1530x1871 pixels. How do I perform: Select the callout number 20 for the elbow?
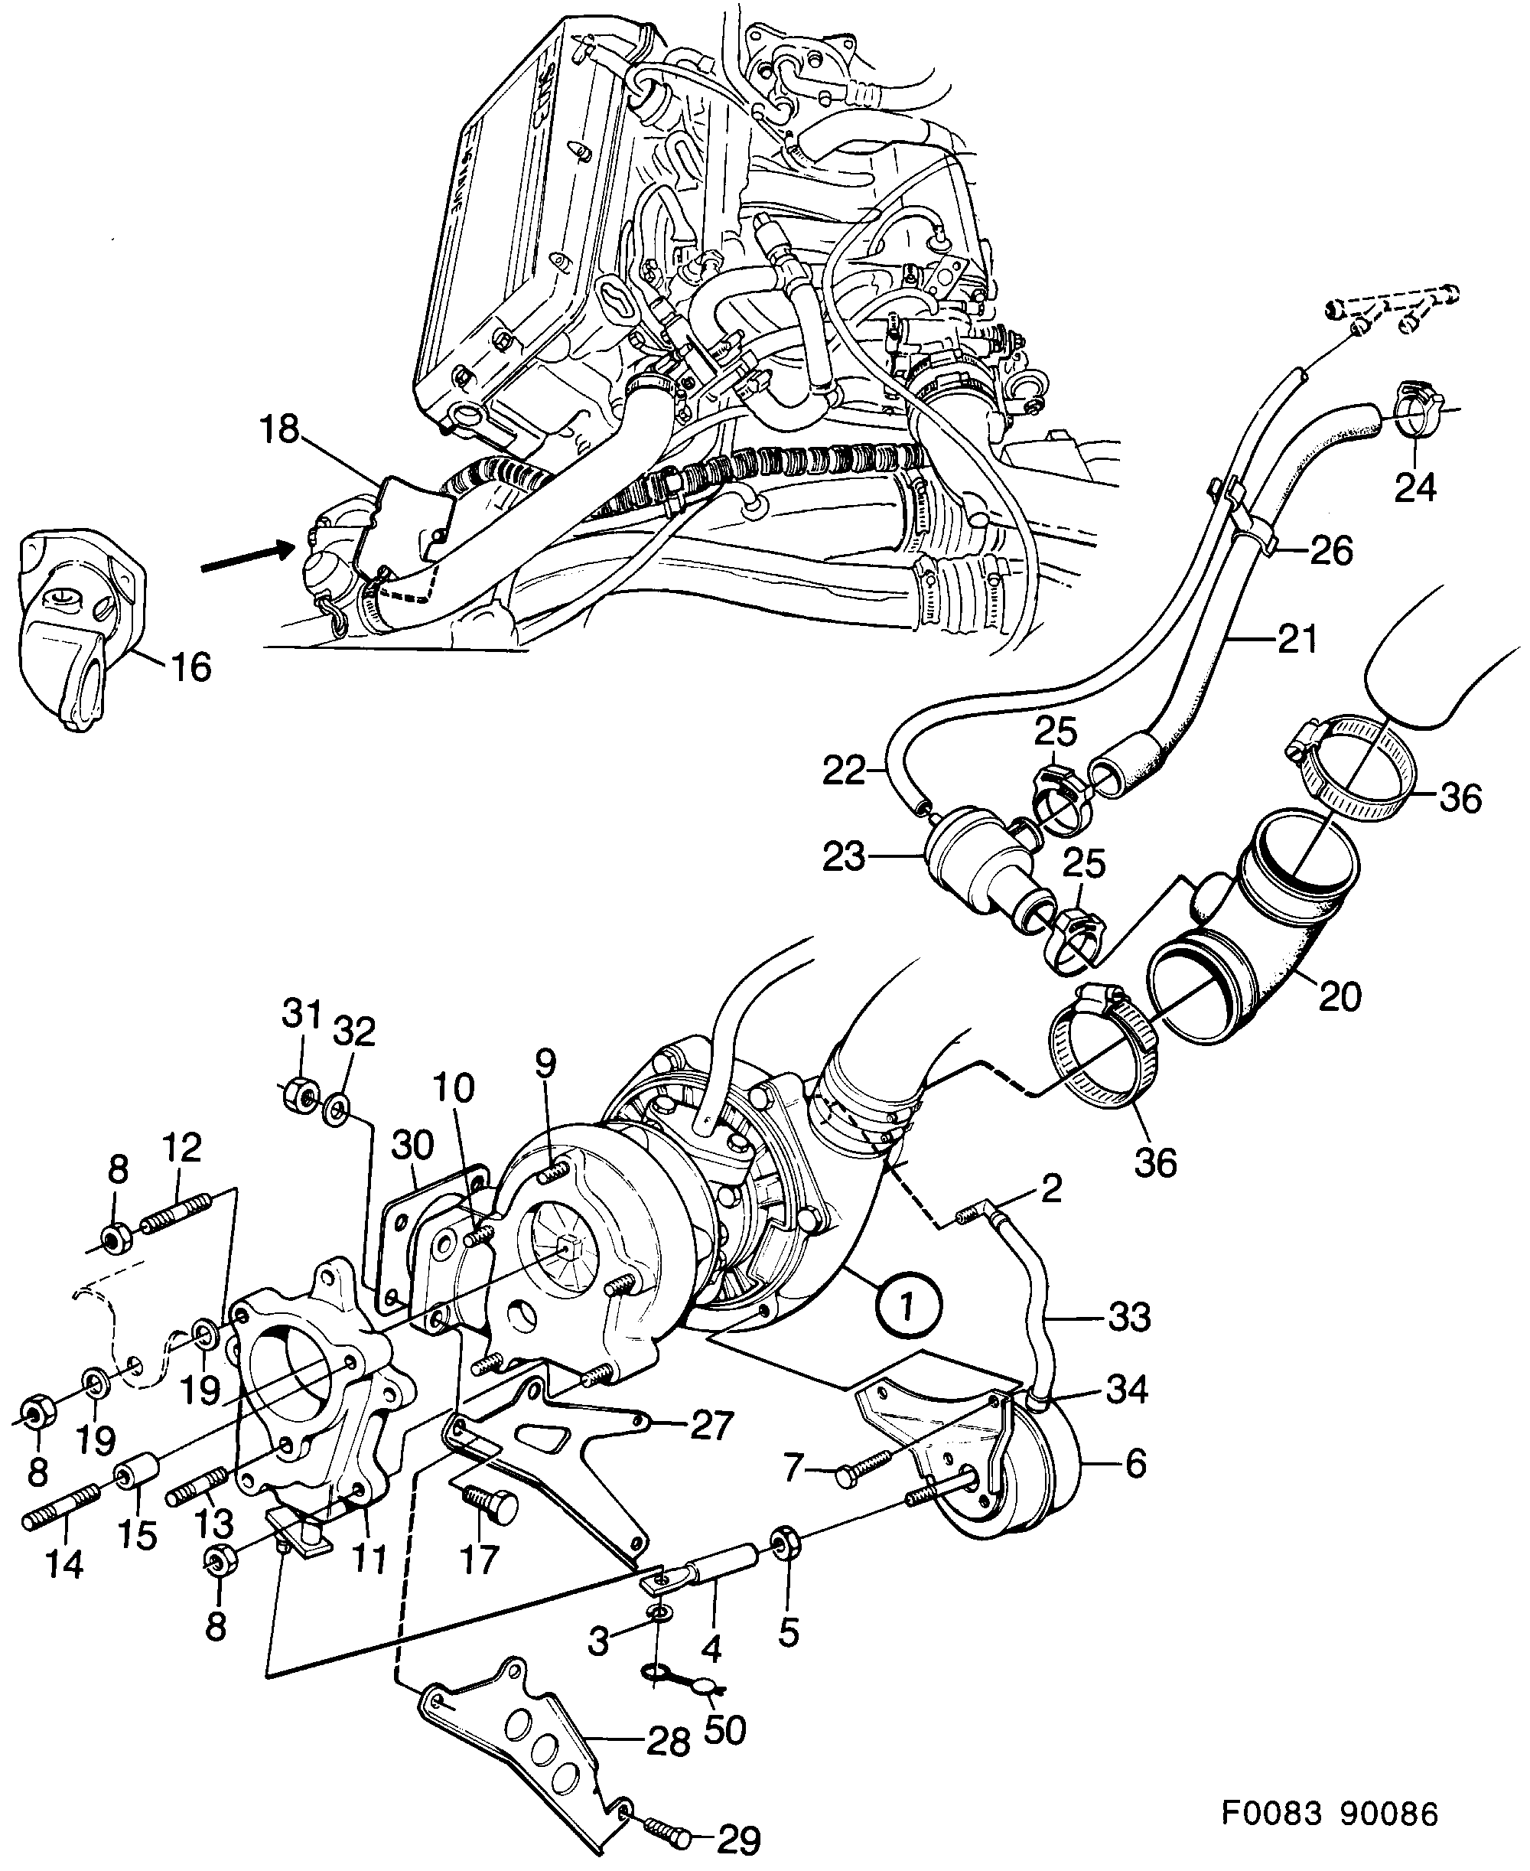(1340, 996)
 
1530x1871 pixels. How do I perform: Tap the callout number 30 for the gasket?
(412, 1146)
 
